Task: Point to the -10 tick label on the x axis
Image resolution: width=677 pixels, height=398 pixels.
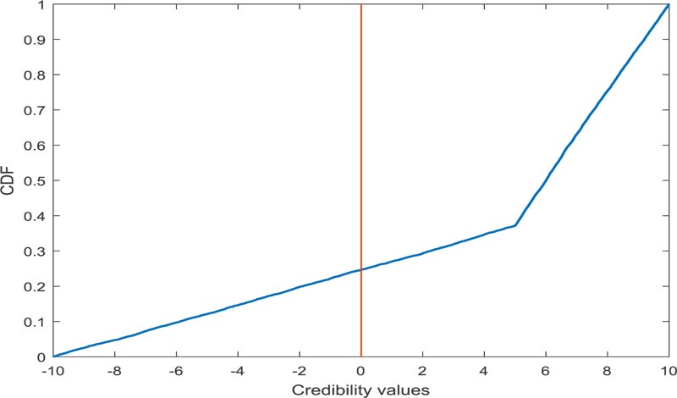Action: coord(52,370)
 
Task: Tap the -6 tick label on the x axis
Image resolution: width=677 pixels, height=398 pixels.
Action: coord(175,370)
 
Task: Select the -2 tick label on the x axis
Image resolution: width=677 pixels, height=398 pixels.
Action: coord(298,370)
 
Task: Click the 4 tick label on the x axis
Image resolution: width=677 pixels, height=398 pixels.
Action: coord(484,370)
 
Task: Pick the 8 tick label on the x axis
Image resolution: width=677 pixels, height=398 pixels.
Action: coord(607,370)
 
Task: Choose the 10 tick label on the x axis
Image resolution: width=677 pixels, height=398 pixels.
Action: coord(668,370)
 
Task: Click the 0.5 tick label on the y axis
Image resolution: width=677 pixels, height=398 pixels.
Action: coord(36,180)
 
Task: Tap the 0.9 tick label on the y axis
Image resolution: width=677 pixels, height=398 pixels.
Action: coord(36,40)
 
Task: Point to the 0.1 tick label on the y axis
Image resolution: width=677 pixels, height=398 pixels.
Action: coord(36,322)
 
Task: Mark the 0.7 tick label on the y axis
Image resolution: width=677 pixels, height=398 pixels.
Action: coord(36,110)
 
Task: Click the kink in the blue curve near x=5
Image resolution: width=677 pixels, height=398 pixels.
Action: coord(515,225)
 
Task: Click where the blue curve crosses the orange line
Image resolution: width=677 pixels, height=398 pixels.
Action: coord(361,270)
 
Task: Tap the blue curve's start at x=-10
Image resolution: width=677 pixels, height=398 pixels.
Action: coord(53,356)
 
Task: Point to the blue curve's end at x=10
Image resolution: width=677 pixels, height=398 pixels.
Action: coord(669,5)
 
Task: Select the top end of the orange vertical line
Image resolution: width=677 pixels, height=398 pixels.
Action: coord(361,5)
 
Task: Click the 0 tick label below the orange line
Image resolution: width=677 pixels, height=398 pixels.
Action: coord(361,370)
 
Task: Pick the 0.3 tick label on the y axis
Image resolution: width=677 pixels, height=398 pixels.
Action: coord(36,252)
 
